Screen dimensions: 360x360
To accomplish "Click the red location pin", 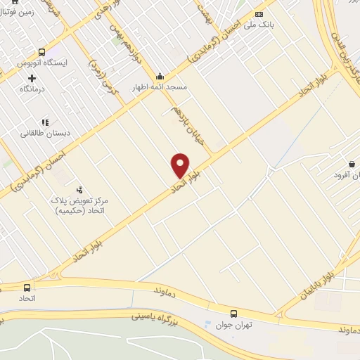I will (181, 165).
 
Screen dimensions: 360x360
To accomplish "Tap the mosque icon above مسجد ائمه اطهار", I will (160, 77).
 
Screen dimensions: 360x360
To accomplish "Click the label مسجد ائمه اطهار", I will (160, 87).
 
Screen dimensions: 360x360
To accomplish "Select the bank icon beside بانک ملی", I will (259, 15).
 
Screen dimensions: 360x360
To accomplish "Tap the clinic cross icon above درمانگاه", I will (32, 77).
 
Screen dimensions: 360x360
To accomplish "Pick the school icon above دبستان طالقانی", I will (44, 122).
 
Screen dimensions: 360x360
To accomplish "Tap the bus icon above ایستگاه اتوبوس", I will (42, 52).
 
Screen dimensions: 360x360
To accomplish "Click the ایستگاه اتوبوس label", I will (42, 63).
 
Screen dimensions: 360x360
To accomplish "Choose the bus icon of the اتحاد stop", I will (27, 288).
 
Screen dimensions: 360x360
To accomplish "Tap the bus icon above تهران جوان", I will (233, 313).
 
